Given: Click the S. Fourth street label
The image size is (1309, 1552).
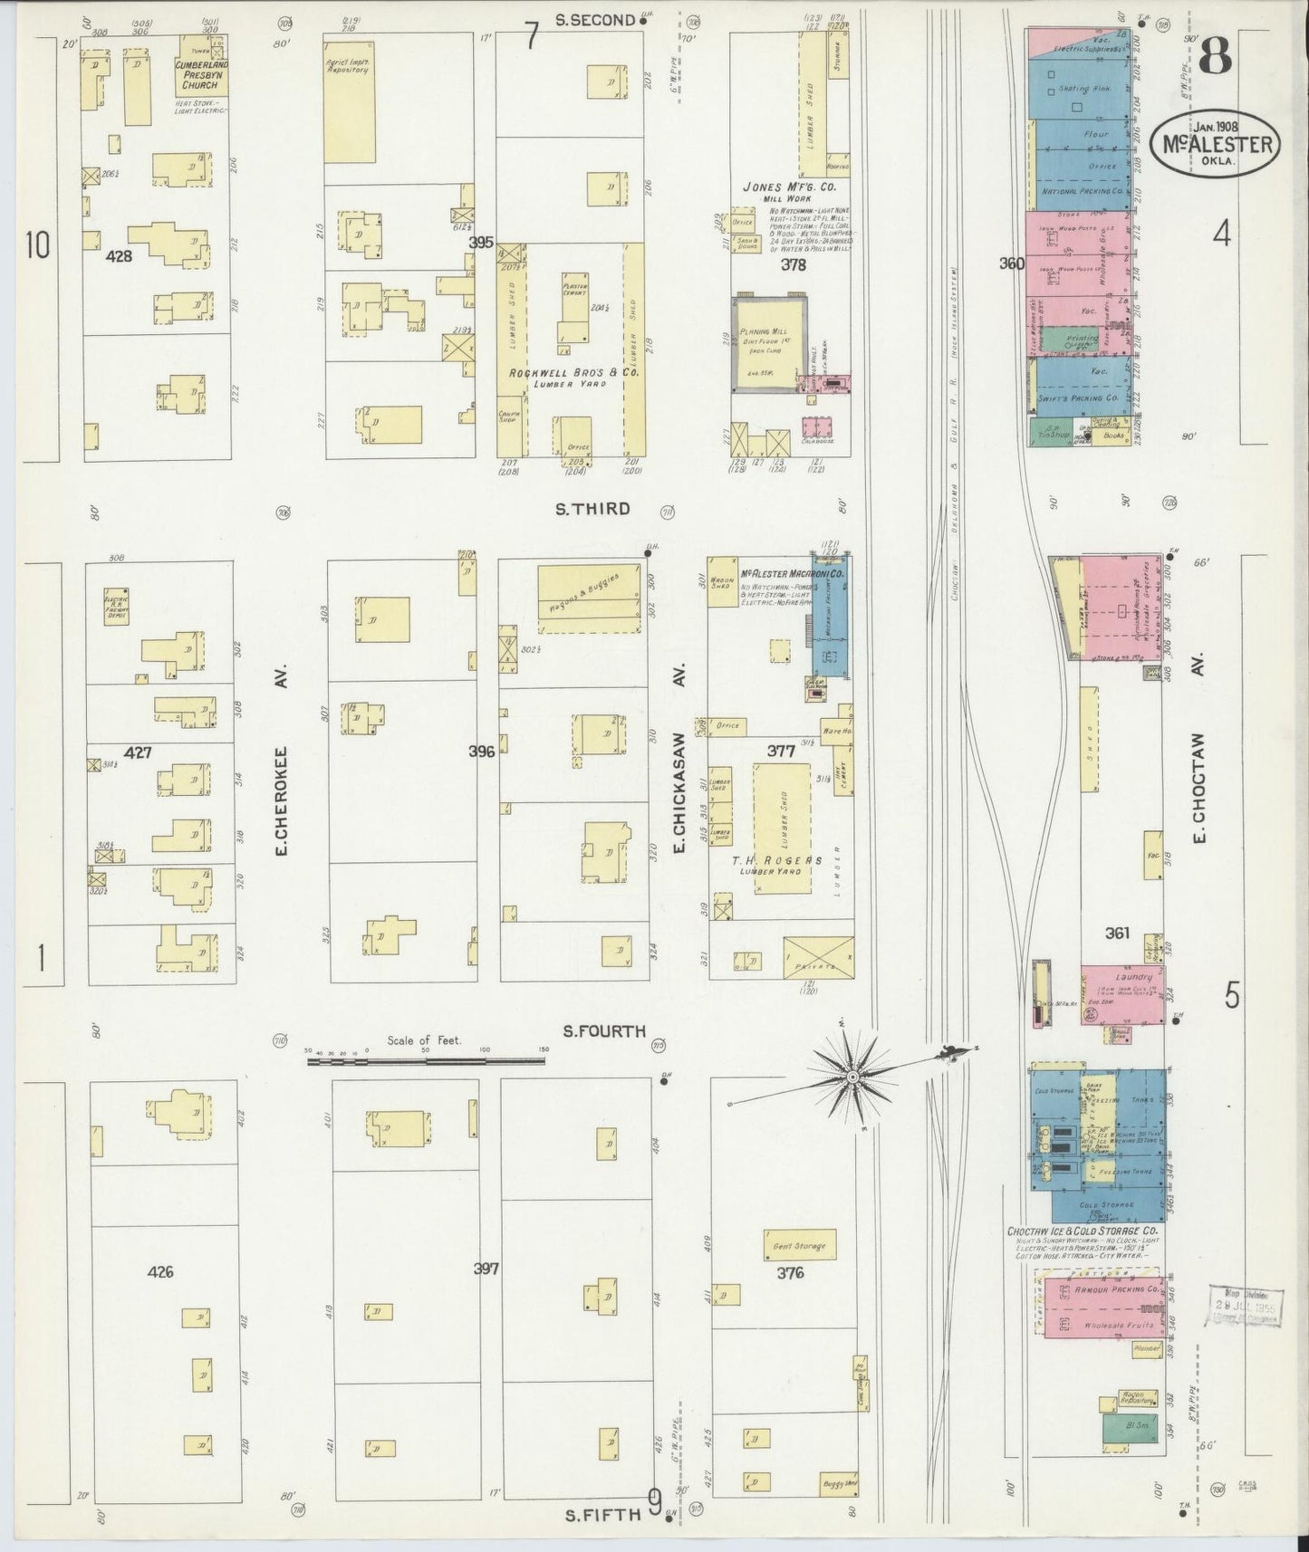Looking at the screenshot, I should click(x=603, y=1030).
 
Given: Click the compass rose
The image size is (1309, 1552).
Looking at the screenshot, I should click(x=852, y=1076).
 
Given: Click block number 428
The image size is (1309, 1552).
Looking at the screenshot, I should click(x=119, y=256).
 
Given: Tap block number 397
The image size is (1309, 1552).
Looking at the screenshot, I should click(x=486, y=1269).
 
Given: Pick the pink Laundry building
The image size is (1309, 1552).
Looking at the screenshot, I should click(x=1121, y=993).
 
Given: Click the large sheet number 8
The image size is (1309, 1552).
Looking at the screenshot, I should click(x=1214, y=59).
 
